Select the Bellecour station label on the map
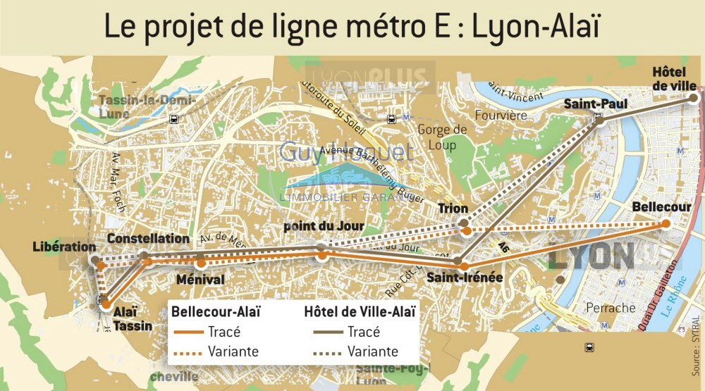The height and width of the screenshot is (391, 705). coord(661,208)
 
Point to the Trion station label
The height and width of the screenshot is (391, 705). coord(453,209)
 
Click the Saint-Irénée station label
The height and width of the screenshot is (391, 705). coord(465,278)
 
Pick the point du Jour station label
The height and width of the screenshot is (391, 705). coord(324,226)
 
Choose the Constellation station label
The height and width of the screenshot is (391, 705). coord(148,239)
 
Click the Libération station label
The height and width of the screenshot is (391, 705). coord(64,247)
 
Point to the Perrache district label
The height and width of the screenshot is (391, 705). coord(611,308)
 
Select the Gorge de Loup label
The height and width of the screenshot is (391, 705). coord(442,137)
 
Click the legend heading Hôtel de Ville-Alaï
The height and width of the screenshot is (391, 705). coord(359,311)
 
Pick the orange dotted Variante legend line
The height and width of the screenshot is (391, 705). coord(187,352)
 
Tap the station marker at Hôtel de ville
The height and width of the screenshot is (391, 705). coord(693,99)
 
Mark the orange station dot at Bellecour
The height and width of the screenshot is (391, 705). coord(665,224)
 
